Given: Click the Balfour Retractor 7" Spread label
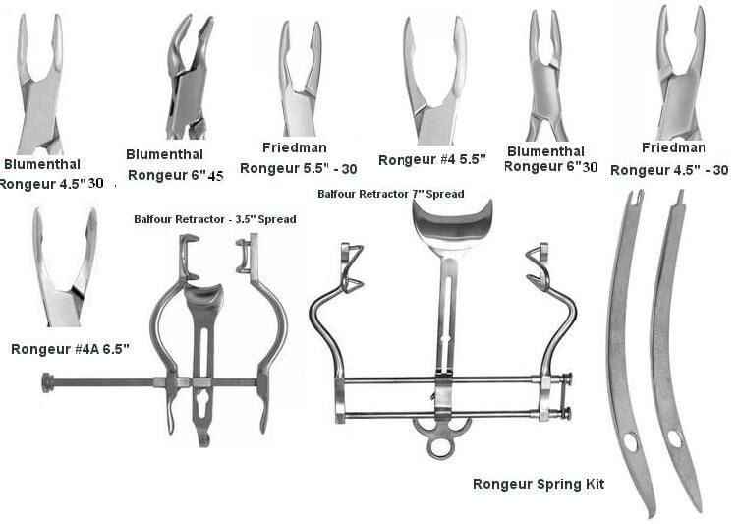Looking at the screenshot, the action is point(391,194).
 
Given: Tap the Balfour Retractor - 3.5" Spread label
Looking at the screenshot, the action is point(215,219).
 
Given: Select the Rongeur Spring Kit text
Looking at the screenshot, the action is point(539,484).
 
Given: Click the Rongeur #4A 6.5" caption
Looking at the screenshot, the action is point(70,349).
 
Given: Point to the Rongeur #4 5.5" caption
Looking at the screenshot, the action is point(432,160).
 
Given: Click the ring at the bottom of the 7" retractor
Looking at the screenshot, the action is point(441,447).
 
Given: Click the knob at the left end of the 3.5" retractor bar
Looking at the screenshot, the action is point(47,382).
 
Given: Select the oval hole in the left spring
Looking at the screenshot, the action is point(631,442).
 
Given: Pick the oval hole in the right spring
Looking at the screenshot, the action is point(674,439).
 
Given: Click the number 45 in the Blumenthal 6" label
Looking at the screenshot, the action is point(215,176).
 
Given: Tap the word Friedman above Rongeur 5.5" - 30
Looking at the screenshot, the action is point(295,147).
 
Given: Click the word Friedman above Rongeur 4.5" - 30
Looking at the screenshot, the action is point(673,147).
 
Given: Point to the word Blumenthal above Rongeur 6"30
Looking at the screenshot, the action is point(545,151).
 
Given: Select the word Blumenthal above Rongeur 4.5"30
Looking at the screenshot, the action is point(42,164).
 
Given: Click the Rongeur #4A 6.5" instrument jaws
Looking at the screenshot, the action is point(65,266).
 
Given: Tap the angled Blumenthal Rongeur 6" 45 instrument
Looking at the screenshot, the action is point(190,77).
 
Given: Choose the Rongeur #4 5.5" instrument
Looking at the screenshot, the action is point(435,81).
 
